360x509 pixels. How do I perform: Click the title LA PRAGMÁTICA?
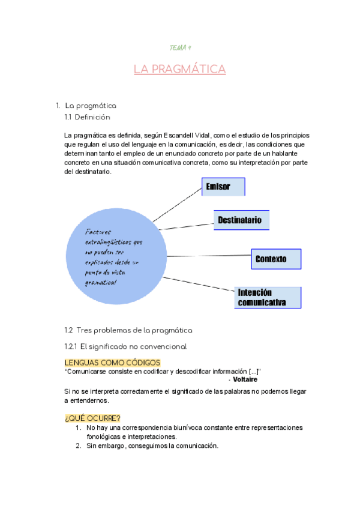179,70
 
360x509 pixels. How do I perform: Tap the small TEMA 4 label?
179,47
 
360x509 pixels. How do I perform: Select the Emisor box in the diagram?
223,187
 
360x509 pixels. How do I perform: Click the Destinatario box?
242,220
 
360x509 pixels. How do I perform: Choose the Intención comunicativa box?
268,297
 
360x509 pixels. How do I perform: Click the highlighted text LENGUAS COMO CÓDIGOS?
112,363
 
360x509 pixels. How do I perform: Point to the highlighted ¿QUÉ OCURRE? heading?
92,418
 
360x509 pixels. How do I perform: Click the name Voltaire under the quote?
246,379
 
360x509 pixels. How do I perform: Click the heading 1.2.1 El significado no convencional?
125,346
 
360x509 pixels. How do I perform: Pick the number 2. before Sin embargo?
78,445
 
